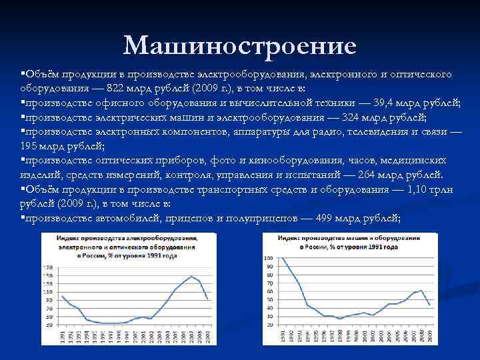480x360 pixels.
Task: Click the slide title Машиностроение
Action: pyautogui.click(x=240, y=45)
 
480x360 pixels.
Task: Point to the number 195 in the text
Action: pyautogui.click(x=31, y=145)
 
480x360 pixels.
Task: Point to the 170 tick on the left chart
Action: pyautogui.click(x=47, y=267)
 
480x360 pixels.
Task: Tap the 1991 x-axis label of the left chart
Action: pyautogui.click(x=62, y=339)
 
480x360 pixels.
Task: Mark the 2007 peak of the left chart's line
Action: pyautogui.click(x=192, y=276)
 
